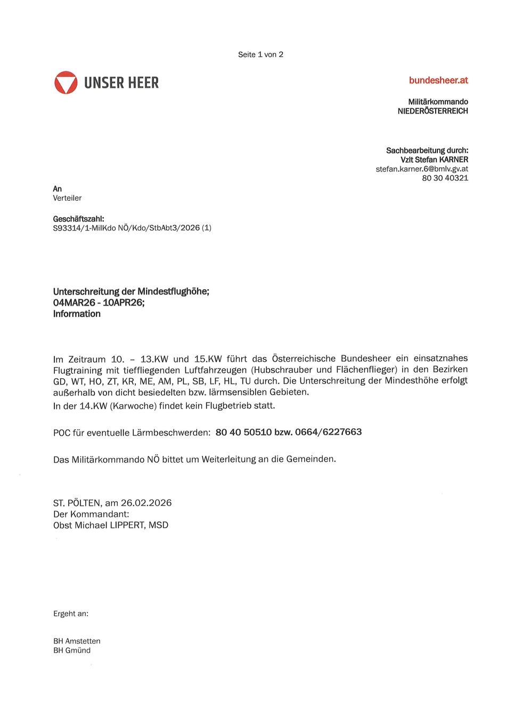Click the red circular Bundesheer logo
(x=66, y=83)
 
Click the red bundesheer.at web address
(x=438, y=80)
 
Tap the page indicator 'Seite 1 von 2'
(x=260, y=54)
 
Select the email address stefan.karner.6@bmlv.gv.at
(x=422, y=169)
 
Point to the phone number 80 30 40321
(x=445, y=178)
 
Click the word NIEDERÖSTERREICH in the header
(x=433, y=111)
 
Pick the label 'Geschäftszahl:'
(x=78, y=219)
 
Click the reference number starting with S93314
(x=132, y=228)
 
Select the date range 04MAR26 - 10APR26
(x=99, y=303)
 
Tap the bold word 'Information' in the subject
(x=77, y=314)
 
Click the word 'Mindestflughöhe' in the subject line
(x=173, y=291)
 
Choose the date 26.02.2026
(x=146, y=503)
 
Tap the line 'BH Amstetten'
(x=77, y=641)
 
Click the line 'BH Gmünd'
(x=72, y=650)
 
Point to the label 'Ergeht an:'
(x=71, y=614)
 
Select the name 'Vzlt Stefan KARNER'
(x=434, y=160)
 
